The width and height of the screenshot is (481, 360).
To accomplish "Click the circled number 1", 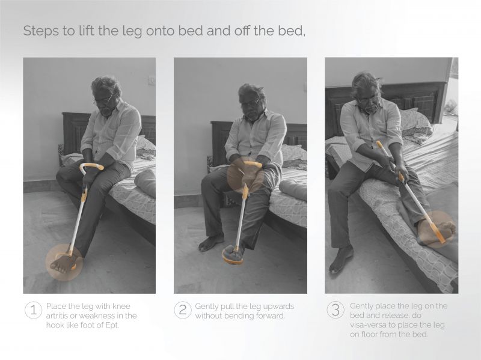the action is click(x=34, y=310).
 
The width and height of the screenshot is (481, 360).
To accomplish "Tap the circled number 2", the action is click(x=183, y=310).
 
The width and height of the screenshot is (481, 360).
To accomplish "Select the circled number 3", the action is click(x=335, y=310).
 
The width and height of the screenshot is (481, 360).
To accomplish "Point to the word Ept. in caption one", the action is click(x=112, y=325).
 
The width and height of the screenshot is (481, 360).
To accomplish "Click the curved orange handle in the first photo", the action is click(x=91, y=167).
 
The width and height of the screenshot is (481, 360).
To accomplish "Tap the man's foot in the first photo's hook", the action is click(x=64, y=264).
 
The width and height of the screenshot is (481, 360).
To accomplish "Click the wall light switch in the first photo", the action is click(x=152, y=80).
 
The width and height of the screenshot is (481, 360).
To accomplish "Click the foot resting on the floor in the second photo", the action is click(x=211, y=242).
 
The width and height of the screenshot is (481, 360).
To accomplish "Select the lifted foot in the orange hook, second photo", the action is click(x=233, y=254).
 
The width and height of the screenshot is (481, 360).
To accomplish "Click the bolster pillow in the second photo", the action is click(x=293, y=189).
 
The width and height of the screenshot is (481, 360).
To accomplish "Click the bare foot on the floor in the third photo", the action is click(x=340, y=259).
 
